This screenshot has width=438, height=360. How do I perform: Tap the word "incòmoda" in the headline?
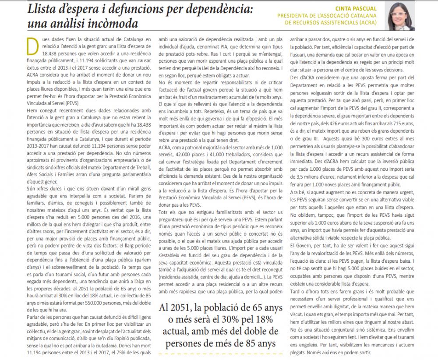[109, 23]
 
